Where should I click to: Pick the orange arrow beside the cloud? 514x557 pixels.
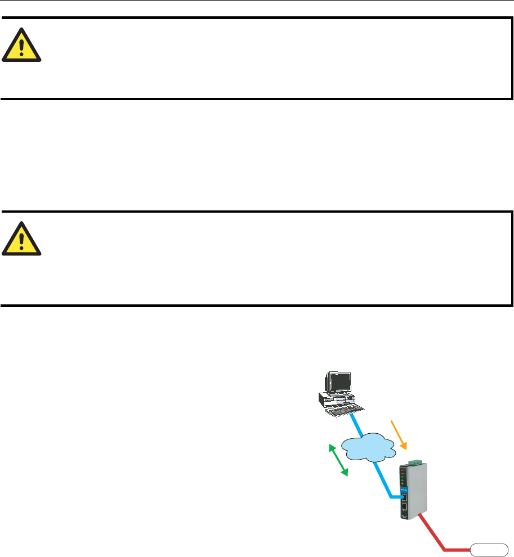coord(398,434)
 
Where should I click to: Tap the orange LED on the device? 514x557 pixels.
coord(402,483)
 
